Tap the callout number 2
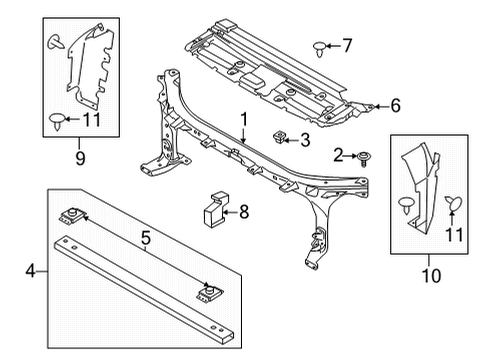coord(338,154)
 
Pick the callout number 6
coord(395,104)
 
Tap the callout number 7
coord(347,45)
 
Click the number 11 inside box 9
coord(92,121)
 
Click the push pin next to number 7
coord(321,46)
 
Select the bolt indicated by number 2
coord(363,154)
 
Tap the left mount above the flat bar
coord(74,215)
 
